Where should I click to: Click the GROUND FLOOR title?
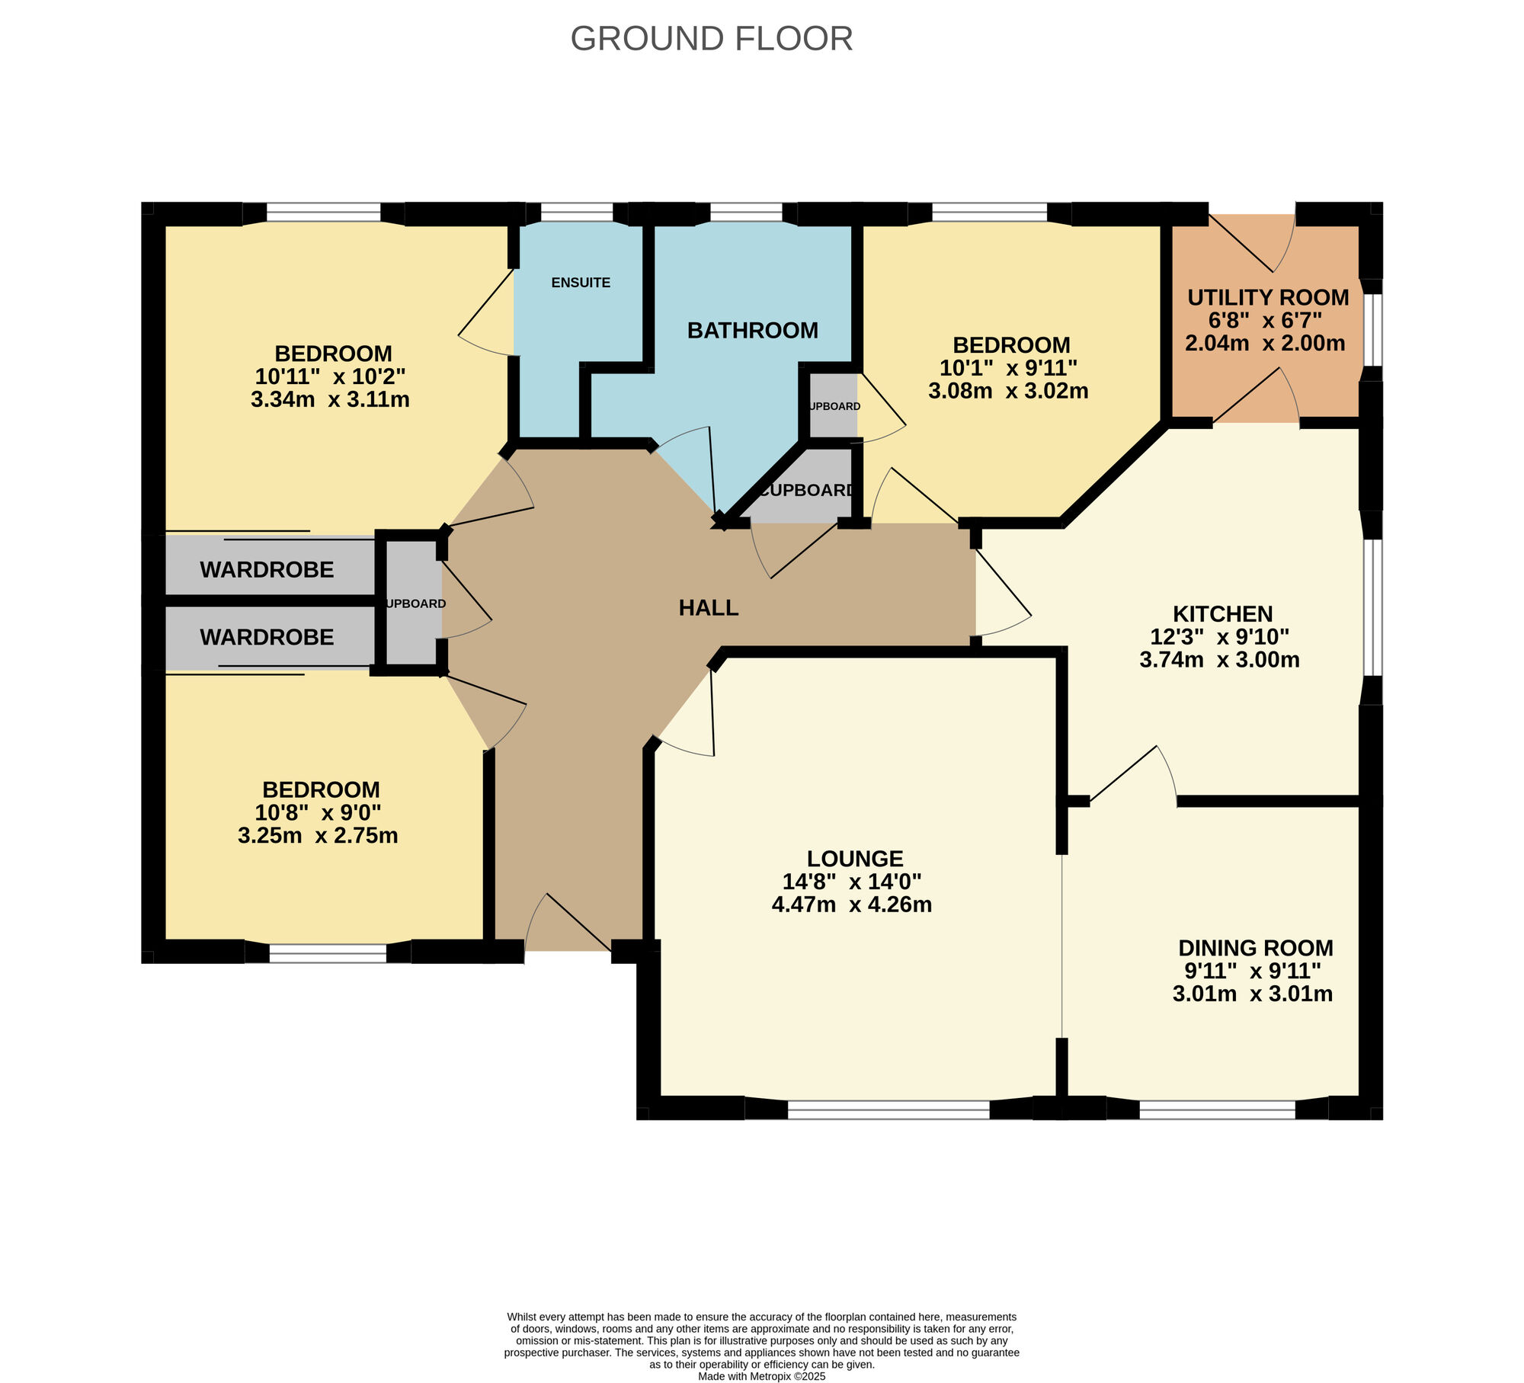click(711, 39)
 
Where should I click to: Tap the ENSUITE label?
click(581, 283)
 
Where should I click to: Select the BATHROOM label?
click(753, 330)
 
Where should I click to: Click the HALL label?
click(709, 607)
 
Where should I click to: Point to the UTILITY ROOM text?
click(1268, 297)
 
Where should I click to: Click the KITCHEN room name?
click(1222, 613)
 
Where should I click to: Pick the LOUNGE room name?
click(855, 859)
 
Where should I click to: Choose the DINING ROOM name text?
click(1256, 948)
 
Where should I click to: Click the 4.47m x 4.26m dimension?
click(852, 904)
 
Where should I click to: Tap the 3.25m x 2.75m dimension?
click(318, 835)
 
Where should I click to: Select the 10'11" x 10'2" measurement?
click(330, 376)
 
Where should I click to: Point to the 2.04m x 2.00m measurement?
click(1265, 343)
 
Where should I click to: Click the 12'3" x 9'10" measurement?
click(1219, 636)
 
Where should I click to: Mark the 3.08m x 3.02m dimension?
click(1008, 391)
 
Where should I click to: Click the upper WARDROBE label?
click(267, 570)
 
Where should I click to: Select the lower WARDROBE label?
click(267, 637)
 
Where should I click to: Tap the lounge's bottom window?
click(888, 1109)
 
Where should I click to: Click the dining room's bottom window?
click(1217, 1109)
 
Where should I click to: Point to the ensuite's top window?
click(577, 212)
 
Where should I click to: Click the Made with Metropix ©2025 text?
click(762, 1376)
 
